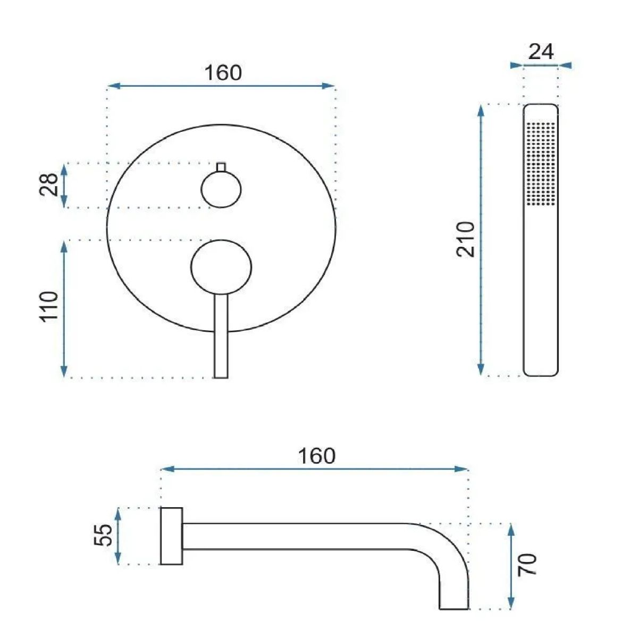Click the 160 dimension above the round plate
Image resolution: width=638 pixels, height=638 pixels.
click(x=223, y=73)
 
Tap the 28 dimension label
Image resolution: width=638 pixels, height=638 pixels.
click(x=49, y=184)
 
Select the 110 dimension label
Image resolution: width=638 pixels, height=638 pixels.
click(x=49, y=307)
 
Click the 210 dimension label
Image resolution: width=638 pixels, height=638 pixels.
click(x=466, y=239)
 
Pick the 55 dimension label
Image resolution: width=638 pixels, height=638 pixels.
click(x=103, y=535)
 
